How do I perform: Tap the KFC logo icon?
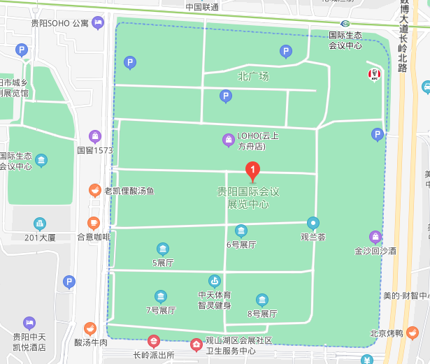pos(374,75)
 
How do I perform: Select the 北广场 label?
pos(253,76)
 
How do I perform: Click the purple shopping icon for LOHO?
pos(228,140)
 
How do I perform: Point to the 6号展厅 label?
pos(241,245)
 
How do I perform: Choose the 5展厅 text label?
pos(163,263)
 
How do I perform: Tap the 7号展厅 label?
pos(161,310)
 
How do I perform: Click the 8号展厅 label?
pos(262,314)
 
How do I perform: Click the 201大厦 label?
pos(40,238)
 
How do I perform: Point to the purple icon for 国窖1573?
pos(96,136)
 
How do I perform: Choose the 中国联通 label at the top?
pos(202,7)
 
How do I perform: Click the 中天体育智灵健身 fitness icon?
pos(214,281)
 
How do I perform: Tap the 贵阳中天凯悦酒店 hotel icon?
pos(29,323)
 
